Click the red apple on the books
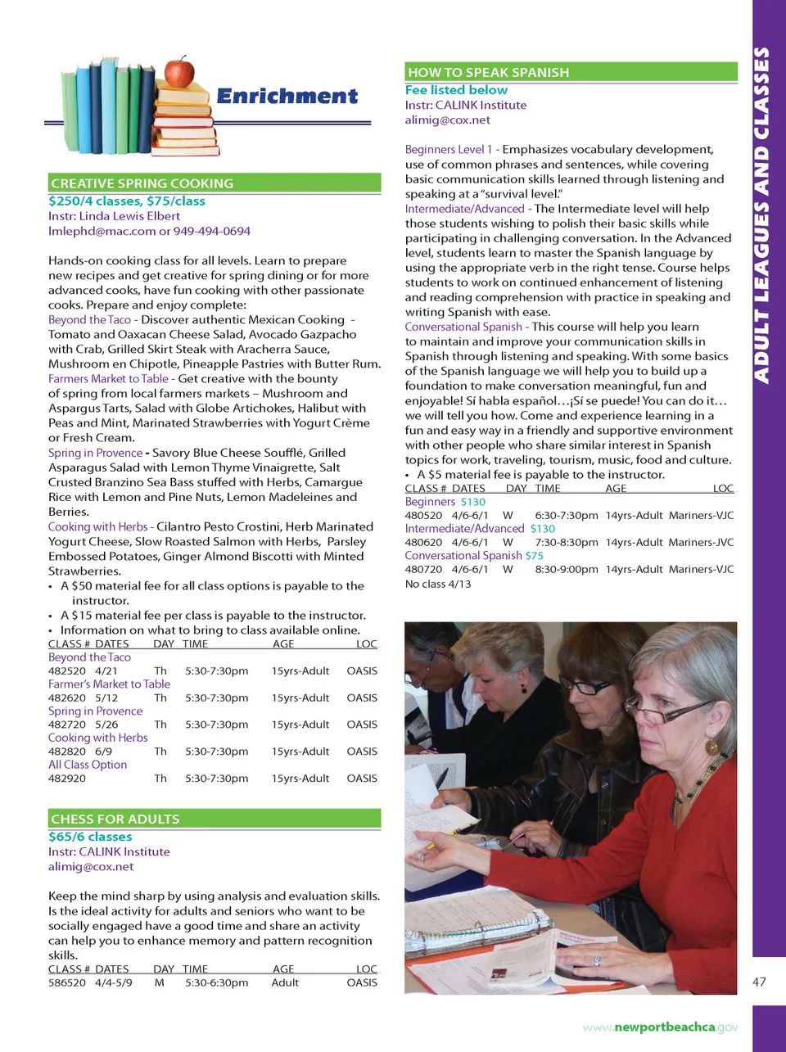pos(179,73)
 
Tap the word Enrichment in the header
pos(287,97)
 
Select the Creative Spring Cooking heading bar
pos(215,183)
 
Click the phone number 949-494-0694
pos(212,232)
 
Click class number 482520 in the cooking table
pos(66,671)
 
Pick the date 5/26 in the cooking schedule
pos(106,725)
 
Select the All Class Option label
pos(88,765)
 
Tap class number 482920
pos(66,779)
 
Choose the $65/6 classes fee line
pos(90,837)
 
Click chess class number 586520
pos(66,982)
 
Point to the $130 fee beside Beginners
pos(472,502)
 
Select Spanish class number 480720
pos(423,569)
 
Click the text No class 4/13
pos(438,584)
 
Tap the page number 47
pos(759,982)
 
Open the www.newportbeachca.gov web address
pos(660,1027)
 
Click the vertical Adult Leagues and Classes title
pos(761,214)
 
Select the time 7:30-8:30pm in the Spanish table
pos(567,542)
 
